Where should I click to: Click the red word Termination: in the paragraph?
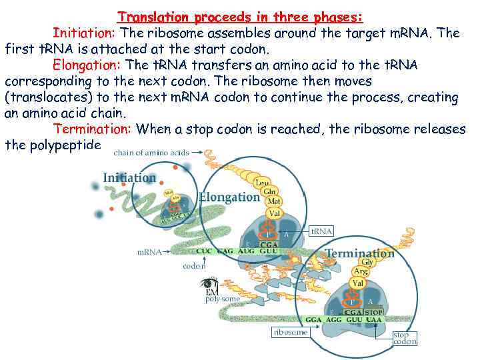[93, 129]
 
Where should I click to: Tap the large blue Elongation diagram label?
[229, 197]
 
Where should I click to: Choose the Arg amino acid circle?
[360, 272]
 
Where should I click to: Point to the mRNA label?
[149, 253]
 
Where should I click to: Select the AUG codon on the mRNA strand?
[246, 252]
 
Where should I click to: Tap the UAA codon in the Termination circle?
[373, 319]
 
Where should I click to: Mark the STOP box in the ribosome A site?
[373, 311]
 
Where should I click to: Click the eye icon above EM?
[209, 284]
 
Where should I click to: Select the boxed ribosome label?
[290, 331]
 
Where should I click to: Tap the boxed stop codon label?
[404, 338]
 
